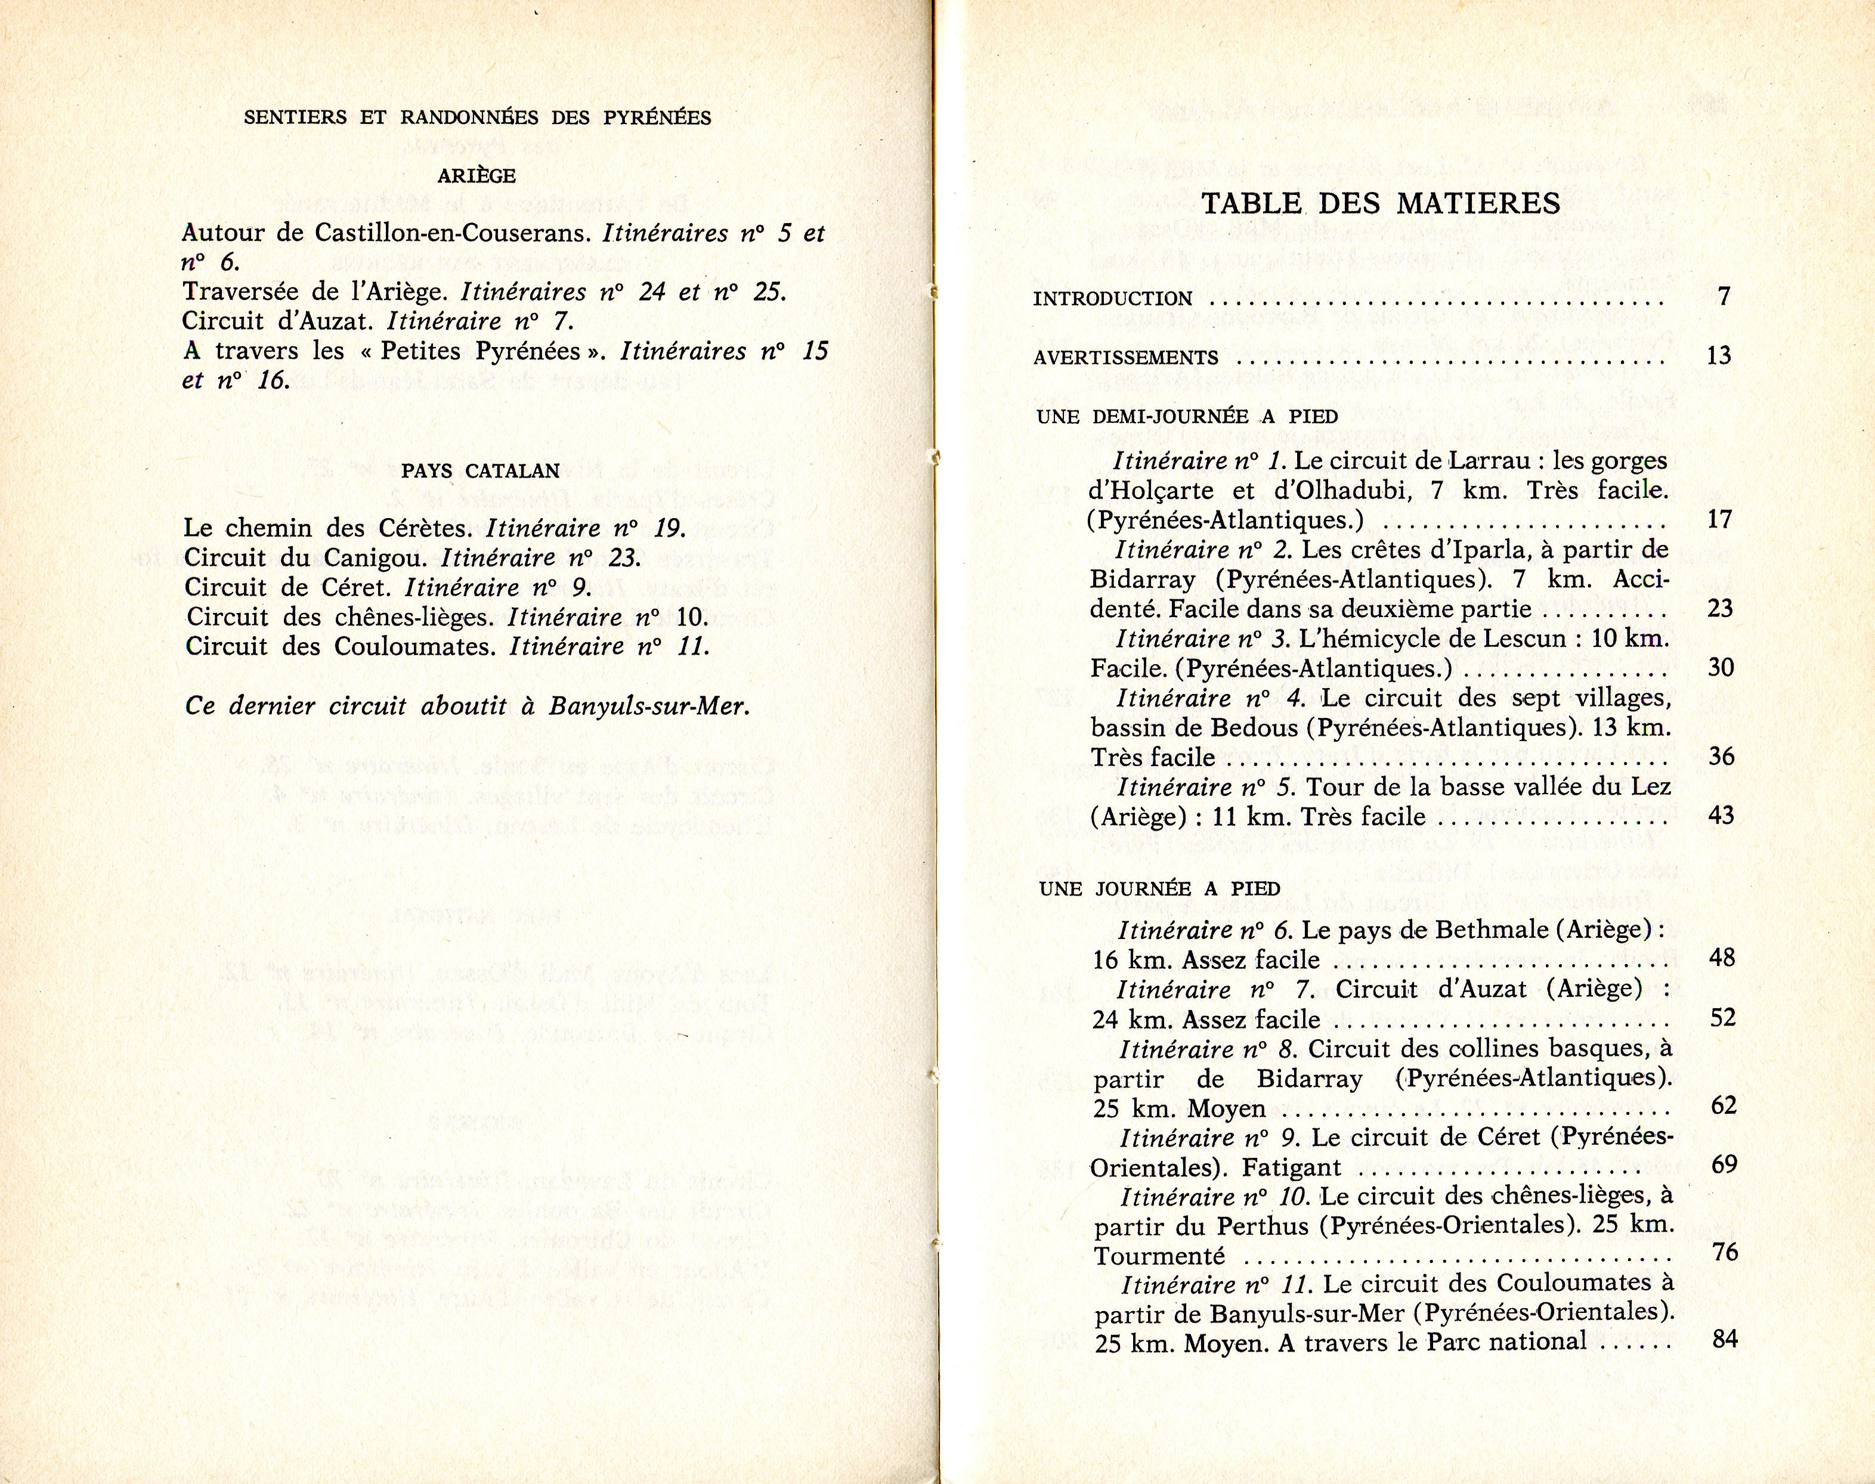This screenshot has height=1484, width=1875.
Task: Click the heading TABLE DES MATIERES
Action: [1380, 204]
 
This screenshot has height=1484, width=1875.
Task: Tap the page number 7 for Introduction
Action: [1724, 296]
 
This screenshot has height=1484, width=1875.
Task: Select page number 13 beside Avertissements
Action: [1719, 355]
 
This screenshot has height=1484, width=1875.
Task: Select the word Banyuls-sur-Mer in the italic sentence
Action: [648, 705]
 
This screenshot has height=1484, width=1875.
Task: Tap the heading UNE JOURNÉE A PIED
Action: [1159, 889]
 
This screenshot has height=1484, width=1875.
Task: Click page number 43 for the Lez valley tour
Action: [1721, 815]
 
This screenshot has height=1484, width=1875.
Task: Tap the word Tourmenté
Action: [1159, 1256]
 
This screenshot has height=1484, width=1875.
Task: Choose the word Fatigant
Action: [1291, 1167]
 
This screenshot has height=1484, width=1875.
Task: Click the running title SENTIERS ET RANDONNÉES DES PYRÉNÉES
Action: [477, 118]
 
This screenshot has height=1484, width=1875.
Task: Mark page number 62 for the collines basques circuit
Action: [1723, 1106]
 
